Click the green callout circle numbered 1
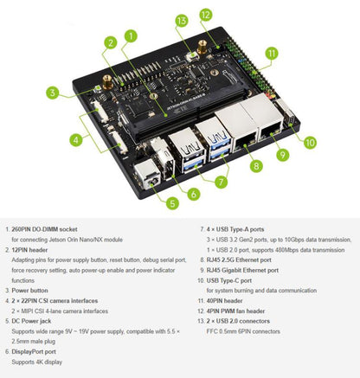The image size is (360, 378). [129, 36]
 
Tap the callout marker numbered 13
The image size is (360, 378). [181, 20]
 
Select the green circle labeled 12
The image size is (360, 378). [206, 15]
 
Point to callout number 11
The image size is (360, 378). [271, 53]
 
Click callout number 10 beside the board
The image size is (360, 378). [310, 142]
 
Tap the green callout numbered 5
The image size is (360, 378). [173, 203]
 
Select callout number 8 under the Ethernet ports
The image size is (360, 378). [255, 165]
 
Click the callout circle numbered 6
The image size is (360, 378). [194, 195]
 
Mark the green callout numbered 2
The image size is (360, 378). [110, 42]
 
